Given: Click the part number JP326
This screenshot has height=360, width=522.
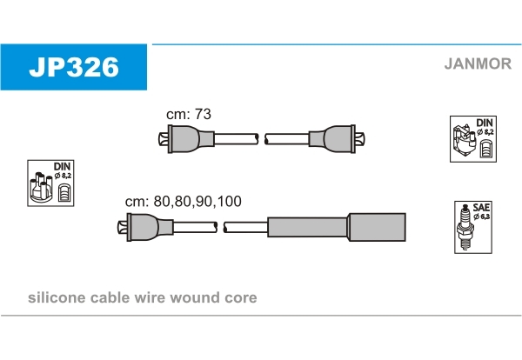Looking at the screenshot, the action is [x=74, y=67].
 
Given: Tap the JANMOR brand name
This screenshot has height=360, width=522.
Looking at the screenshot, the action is [x=478, y=63].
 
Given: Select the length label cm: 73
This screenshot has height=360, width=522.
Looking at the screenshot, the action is [x=189, y=114].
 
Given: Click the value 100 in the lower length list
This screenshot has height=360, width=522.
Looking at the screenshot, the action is [x=229, y=201].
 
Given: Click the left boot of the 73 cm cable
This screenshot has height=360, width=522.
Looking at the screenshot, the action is [x=186, y=139].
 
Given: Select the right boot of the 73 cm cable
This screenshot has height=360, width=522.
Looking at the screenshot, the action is [x=337, y=139].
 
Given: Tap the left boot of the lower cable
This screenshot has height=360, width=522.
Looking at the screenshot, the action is [x=145, y=227].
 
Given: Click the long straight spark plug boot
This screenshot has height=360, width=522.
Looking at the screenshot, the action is [x=337, y=227].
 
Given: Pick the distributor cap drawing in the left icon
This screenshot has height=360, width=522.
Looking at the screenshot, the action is [x=41, y=187].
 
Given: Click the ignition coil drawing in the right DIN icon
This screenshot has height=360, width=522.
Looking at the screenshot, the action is [x=465, y=143].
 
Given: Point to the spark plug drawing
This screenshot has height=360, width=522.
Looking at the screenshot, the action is [x=465, y=227].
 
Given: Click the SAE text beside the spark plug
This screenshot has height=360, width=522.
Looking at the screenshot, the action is [x=481, y=208].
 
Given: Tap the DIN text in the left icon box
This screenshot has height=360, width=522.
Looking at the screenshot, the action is [x=63, y=166].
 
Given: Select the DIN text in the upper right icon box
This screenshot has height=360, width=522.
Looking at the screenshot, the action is [x=485, y=123].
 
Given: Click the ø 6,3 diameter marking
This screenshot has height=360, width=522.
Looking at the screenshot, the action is [x=481, y=217].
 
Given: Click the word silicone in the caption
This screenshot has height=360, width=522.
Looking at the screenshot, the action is [x=57, y=297].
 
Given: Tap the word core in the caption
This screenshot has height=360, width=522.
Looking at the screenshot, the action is [x=241, y=298].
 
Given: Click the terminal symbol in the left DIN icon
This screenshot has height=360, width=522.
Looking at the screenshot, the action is [x=64, y=192].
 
